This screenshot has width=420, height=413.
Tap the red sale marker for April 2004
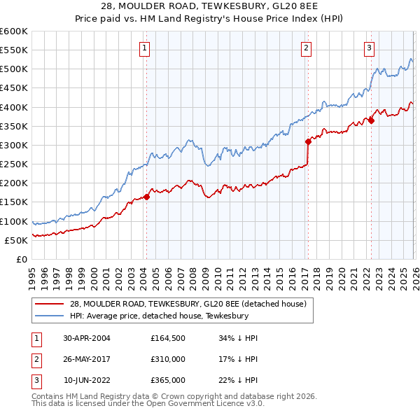click(x=146, y=197)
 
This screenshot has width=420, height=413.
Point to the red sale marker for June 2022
click(x=371, y=120)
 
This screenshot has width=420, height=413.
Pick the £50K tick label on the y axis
click(x=17, y=240)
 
